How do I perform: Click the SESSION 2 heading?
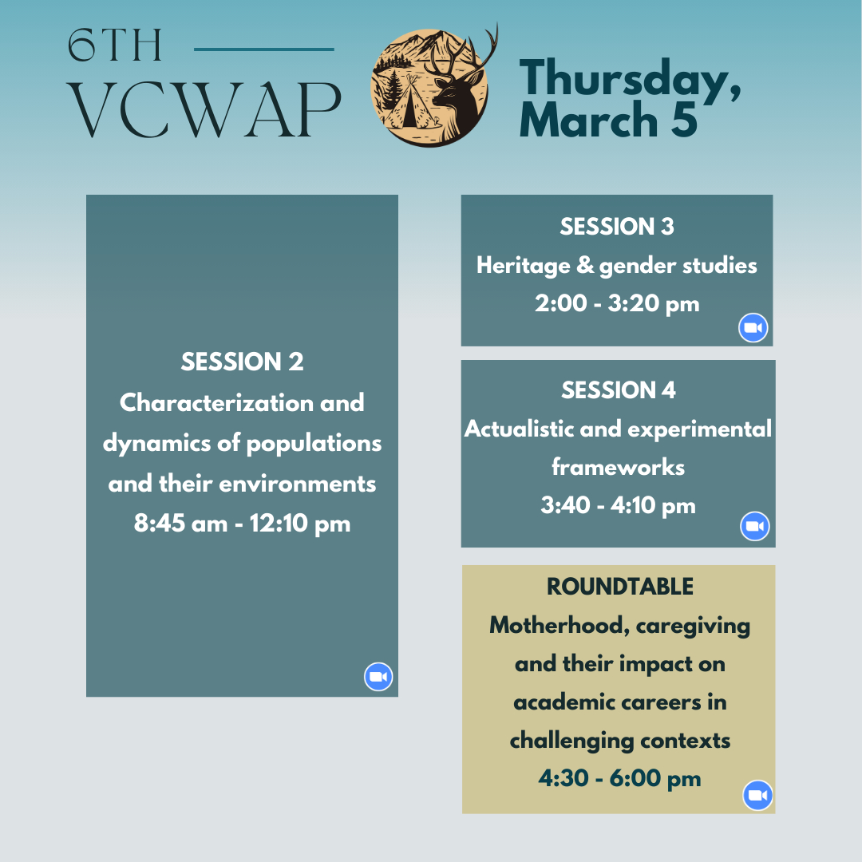click(242, 362)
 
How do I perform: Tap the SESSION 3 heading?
click(617, 227)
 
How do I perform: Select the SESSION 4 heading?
click(619, 390)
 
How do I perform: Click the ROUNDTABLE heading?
click(620, 587)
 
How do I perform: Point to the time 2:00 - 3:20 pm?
click(617, 303)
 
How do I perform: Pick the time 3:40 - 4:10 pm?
click(618, 505)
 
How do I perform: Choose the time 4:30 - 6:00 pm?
click(619, 778)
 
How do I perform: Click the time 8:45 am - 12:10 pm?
click(242, 524)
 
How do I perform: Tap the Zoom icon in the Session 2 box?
click(378, 676)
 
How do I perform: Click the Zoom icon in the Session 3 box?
click(753, 328)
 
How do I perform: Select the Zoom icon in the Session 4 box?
click(755, 526)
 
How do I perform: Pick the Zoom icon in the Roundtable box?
click(757, 795)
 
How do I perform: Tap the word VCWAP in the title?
click(204, 110)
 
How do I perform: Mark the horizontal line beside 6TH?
click(264, 49)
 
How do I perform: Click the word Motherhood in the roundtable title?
click(556, 625)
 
